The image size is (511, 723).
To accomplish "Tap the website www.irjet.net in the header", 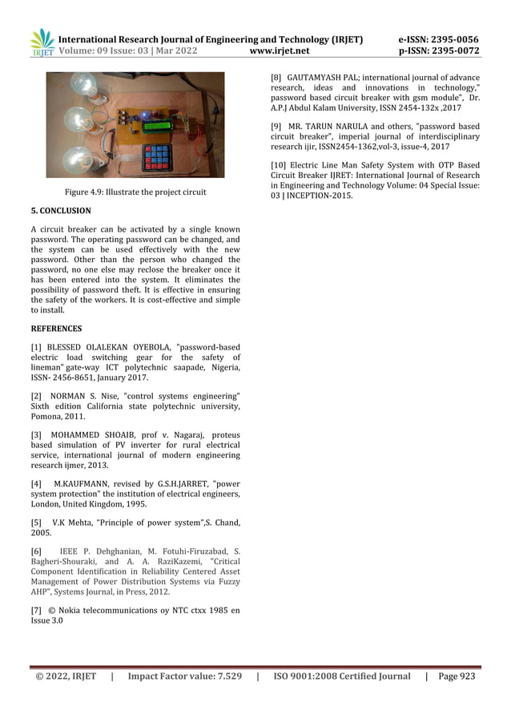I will [280, 50].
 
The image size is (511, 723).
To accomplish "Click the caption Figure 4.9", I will [135, 192].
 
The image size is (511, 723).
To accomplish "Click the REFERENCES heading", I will [56, 329].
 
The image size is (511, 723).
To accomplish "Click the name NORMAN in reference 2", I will [70, 396].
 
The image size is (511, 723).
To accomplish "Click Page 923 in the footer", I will [457, 677].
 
